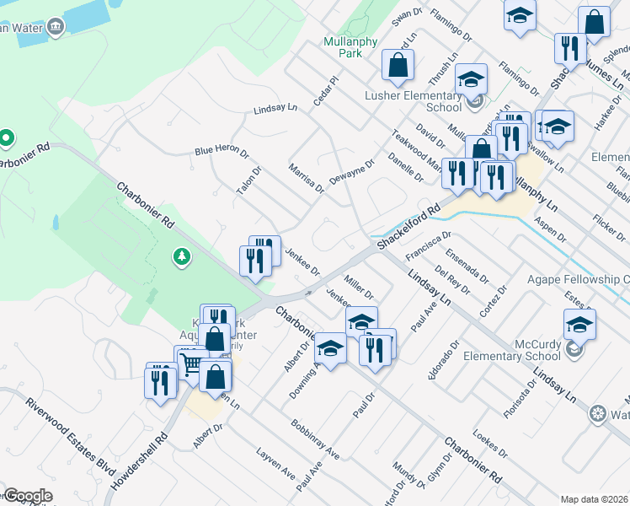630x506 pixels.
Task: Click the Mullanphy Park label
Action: pyautogui.click(x=343, y=46)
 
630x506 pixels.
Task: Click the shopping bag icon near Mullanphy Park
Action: pyautogui.click(x=398, y=65)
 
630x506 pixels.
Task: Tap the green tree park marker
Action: pyautogui.click(x=180, y=256)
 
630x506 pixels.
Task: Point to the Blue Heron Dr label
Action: pyautogui.click(x=222, y=151)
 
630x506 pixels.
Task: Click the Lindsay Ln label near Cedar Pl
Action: pyautogui.click(x=275, y=109)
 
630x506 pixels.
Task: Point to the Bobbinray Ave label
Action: pyautogui.click(x=315, y=439)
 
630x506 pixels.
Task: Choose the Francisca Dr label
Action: pyautogui.click(x=429, y=245)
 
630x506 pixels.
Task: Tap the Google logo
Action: pyautogui.click(x=27, y=496)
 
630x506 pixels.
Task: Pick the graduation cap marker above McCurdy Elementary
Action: pyautogui.click(x=580, y=325)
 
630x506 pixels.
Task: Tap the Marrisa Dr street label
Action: pyautogui.click(x=307, y=178)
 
